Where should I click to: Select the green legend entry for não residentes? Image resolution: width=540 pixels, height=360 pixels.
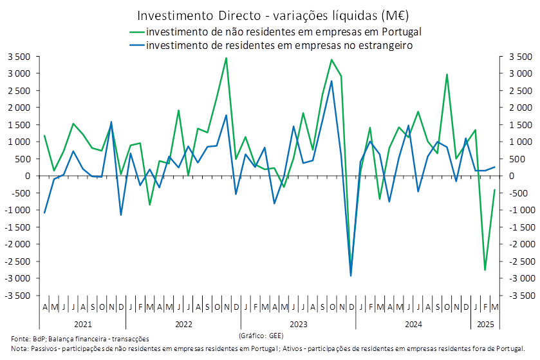[x=277, y=32]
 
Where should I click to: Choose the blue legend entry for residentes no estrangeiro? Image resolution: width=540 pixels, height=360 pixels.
[x=270, y=45]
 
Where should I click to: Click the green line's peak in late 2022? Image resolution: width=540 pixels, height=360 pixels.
[x=226, y=58]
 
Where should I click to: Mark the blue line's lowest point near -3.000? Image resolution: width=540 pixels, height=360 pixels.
[x=351, y=276]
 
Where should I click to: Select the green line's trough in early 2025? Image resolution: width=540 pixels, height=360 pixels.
[x=485, y=270]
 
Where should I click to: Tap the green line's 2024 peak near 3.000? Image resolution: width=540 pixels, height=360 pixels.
[x=447, y=74]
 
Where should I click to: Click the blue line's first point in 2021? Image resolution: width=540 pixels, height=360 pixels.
[x=44, y=213]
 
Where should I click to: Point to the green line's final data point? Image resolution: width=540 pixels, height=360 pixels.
[x=494, y=189]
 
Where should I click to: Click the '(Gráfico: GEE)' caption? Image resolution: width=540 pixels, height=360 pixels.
[x=260, y=336]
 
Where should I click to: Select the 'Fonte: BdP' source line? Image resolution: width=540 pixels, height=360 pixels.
[x=80, y=338]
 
